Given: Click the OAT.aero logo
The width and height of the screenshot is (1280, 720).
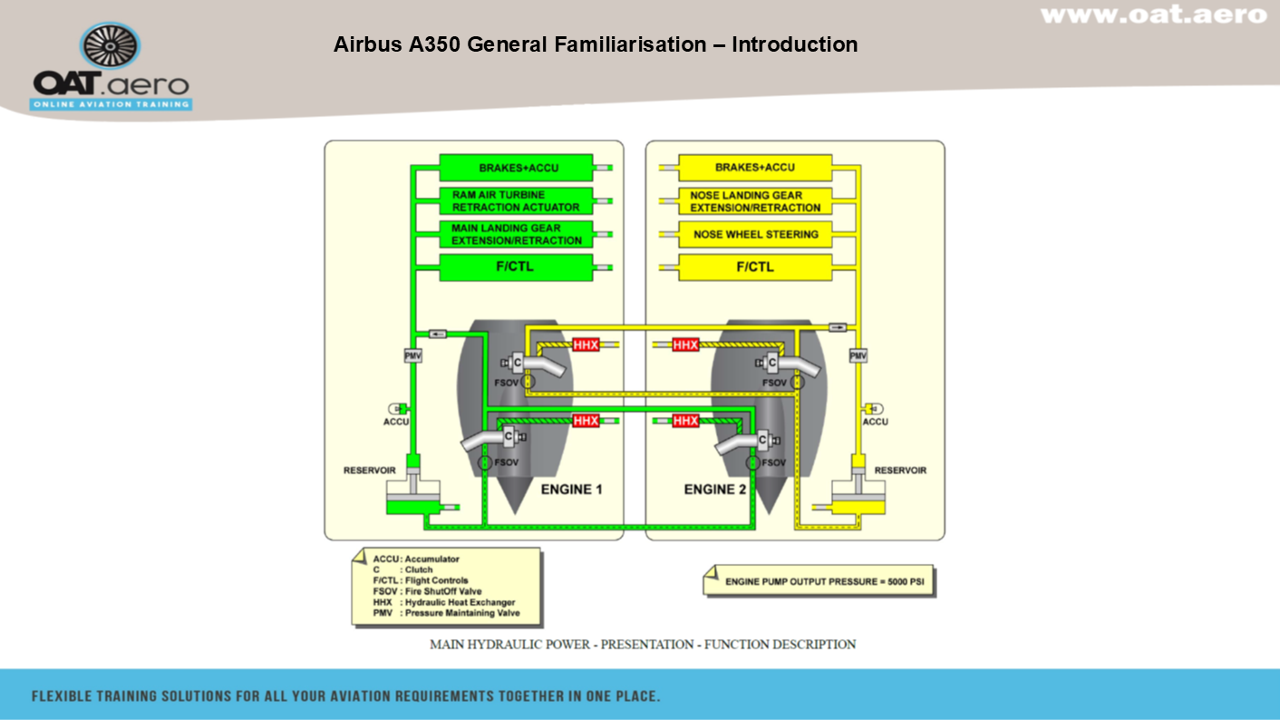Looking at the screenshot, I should (x=111, y=67).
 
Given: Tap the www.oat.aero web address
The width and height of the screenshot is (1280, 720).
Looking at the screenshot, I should (x=1153, y=15).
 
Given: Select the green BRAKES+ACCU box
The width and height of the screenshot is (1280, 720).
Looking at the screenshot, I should (x=516, y=168).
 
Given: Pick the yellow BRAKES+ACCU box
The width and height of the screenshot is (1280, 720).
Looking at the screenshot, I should (x=754, y=168).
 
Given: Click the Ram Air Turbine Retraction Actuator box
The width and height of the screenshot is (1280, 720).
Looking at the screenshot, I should (x=516, y=201).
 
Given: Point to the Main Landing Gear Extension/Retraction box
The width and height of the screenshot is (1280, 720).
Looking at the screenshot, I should (x=516, y=235).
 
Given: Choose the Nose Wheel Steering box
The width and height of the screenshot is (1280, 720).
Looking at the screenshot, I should (x=754, y=235).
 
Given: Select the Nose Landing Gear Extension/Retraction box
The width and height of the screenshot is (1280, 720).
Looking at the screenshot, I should (x=754, y=201).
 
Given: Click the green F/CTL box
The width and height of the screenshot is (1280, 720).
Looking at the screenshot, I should (x=516, y=268).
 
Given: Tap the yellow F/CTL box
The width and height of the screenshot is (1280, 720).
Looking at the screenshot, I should (x=754, y=268).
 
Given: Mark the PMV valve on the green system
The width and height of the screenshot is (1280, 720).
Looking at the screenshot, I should (x=413, y=356).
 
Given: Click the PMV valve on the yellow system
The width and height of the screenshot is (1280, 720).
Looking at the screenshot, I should (x=858, y=356).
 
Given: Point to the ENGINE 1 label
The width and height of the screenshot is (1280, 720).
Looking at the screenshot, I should (x=571, y=490).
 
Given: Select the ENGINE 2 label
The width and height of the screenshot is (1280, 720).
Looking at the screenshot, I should (x=715, y=490).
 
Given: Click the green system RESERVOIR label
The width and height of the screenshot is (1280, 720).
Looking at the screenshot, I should (x=368, y=471).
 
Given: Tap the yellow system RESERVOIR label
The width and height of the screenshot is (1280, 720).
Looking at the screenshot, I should (x=900, y=471).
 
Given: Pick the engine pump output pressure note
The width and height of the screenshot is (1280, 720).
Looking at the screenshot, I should (x=819, y=581).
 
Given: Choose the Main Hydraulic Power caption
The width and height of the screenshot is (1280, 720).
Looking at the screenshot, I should (x=643, y=645).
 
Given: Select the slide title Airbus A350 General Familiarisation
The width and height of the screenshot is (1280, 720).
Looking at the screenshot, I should (x=595, y=44).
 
